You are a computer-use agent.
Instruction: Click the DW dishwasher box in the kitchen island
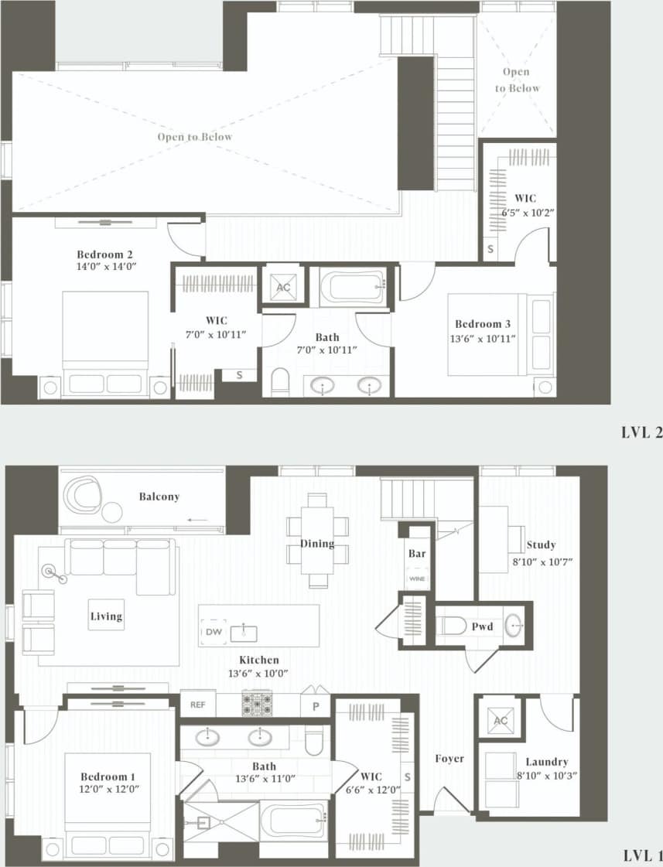(x=213, y=633)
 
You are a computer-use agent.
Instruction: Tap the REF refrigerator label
(x=198, y=705)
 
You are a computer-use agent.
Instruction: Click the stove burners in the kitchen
(x=257, y=703)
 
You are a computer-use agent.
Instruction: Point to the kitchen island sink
(x=249, y=633)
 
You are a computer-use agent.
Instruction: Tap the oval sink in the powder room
(x=514, y=625)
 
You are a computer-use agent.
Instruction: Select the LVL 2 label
(x=641, y=433)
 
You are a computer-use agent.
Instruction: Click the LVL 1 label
(x=642, y=855)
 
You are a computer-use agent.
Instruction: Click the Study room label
(x=541, y=544)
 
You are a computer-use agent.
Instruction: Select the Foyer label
(x=449, y=759)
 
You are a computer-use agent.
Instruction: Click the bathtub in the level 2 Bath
(x=353, y=287)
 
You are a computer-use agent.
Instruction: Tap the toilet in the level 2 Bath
(x=279, y=382)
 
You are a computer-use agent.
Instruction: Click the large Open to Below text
(x=195, y=137)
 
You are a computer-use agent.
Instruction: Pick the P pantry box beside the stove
(x=316, y=705)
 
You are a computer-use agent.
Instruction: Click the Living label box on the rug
(x=106, y=616)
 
